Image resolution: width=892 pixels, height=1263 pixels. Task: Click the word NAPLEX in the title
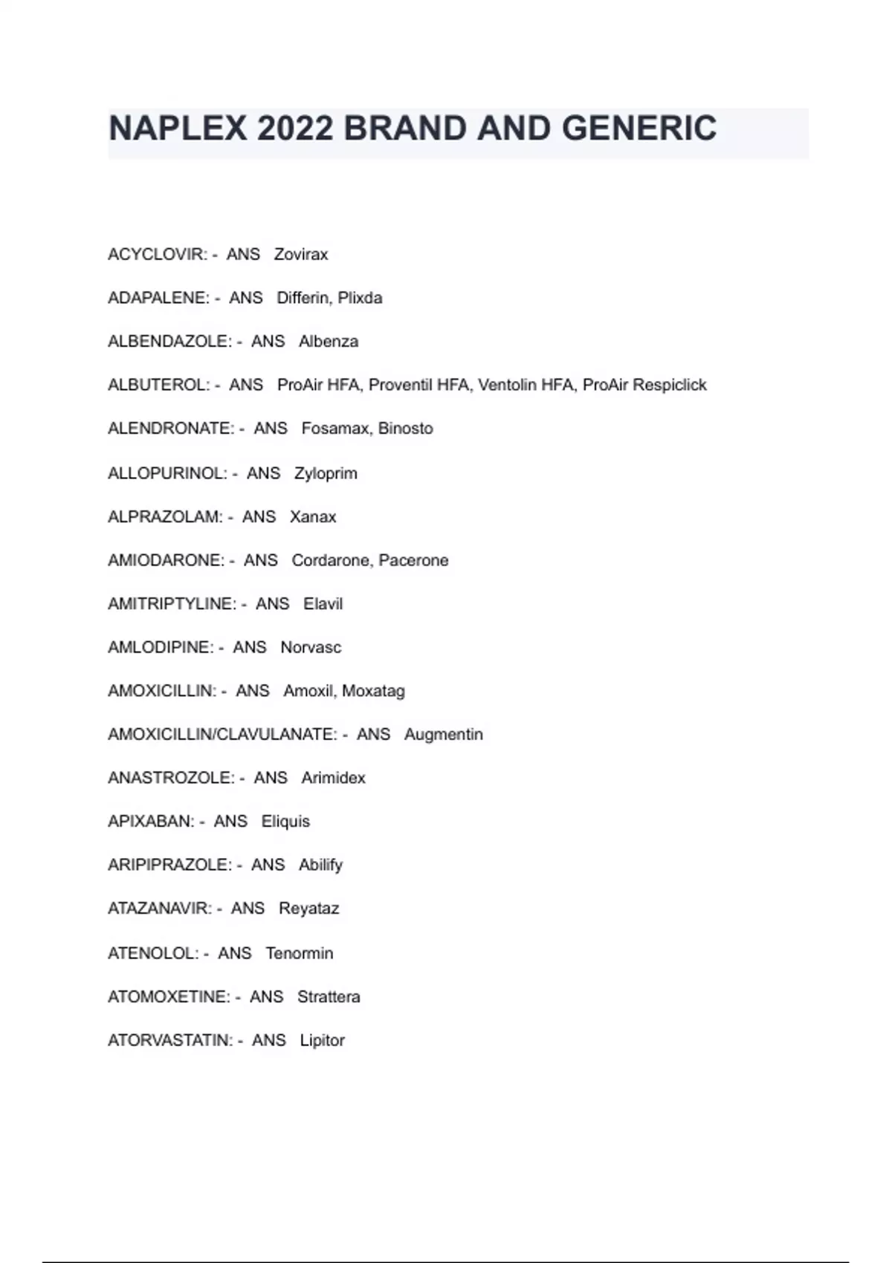(177, 129)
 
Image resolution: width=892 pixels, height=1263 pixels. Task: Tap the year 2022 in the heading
(295, 129)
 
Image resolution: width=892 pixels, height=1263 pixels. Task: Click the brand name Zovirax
(301, 255)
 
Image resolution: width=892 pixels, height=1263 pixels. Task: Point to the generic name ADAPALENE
(158, 298)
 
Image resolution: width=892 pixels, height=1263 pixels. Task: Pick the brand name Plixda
(361, 298)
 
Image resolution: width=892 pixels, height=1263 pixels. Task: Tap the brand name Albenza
(329, 342)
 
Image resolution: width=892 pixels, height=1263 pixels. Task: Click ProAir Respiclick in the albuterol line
(644, 385)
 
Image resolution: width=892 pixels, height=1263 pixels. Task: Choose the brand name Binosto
(405, 429)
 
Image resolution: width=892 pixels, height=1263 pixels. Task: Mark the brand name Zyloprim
(326, 473)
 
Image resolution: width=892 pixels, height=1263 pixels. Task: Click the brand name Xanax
(313, 516)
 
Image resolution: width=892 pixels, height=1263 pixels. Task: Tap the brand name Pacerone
(413, 560)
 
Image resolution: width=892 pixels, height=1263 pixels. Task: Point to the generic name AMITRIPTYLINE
(171, 604)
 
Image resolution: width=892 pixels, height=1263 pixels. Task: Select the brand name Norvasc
(311, 647)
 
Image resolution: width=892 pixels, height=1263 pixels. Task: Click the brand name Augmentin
(444, 734)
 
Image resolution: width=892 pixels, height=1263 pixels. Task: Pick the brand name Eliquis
(285, 821)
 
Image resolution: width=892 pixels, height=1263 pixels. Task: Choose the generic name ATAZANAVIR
(159, 908)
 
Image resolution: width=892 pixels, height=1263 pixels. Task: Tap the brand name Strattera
(329, 996)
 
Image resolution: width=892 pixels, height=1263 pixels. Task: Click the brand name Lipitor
(323, 1040)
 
